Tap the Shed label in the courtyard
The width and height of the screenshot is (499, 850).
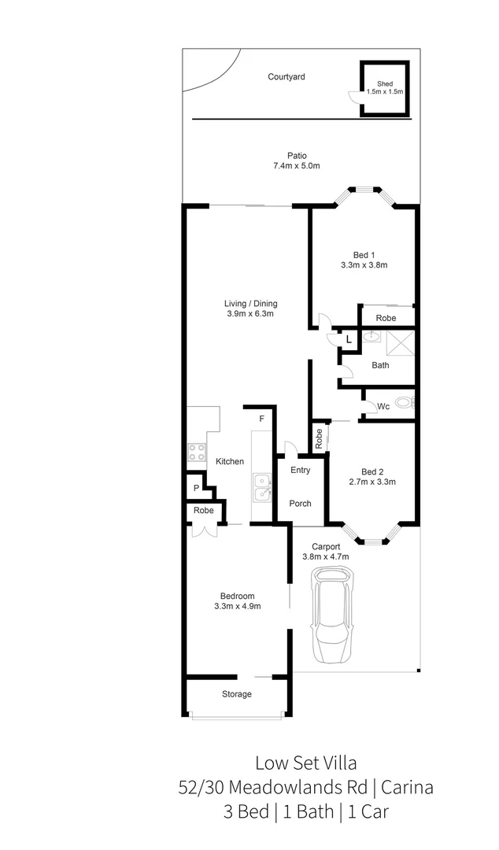(x=384, y=83)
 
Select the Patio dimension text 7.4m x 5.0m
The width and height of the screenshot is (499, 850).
(x=296, y=166)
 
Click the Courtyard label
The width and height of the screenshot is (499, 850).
(x=286, y=77)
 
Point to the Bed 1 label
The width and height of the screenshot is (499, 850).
(x=364, y=254)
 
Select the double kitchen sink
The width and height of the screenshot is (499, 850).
(x=261, y=488)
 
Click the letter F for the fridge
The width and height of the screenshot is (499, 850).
(x=261, y=419)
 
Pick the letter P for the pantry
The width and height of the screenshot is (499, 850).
(x=196, y=489)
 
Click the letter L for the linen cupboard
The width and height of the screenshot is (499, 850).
(x=349, y=339)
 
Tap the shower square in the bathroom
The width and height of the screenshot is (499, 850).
(x=399, y=343)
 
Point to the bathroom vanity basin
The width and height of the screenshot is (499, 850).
(x=372, y=336)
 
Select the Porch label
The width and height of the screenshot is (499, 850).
(x=300, y=504)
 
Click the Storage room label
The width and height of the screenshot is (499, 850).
(x=236, y=694)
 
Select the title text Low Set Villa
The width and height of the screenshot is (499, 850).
(x=305, y=762)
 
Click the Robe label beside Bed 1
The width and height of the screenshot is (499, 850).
(x=385, y=319)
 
